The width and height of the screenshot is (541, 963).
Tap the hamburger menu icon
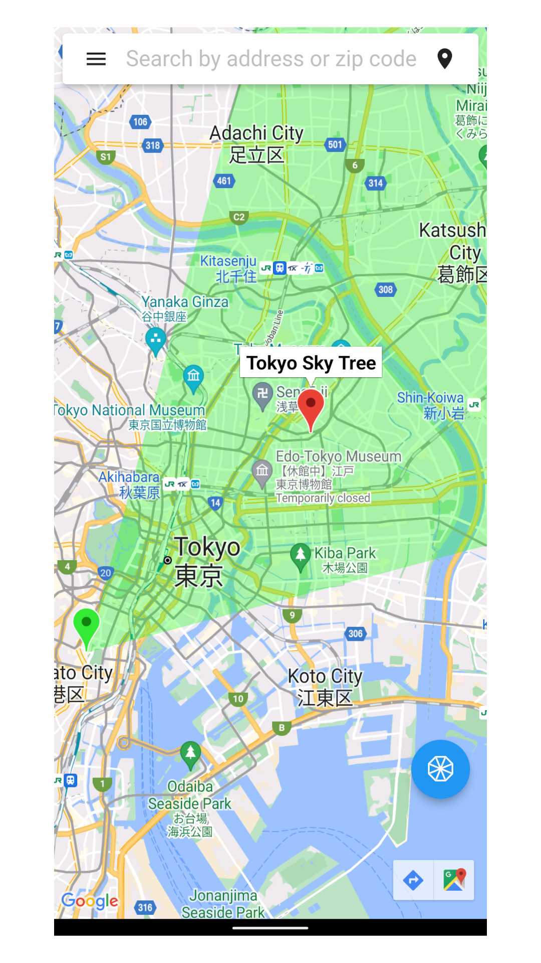coord(96,59)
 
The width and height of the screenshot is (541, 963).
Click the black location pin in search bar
coord(444,59)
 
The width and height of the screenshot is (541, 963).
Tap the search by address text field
coord(270,59)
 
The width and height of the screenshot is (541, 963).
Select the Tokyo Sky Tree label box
coord(311,362)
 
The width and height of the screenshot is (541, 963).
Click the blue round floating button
coord(440,769)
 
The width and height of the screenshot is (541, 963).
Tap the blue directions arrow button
coord(413,880)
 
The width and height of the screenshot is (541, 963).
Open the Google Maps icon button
coord(454,880)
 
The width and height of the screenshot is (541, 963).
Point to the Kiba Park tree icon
coord(301,556)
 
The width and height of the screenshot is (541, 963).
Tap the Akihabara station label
coord(129,485)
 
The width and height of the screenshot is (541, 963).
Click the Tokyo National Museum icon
coord(193,377)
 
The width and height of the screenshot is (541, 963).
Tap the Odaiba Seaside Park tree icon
coord(190,754)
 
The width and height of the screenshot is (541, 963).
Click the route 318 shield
coord(152,145)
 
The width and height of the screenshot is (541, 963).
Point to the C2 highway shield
coord(239,217)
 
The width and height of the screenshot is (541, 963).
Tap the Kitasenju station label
coord(228,268)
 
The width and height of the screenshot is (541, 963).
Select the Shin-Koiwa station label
coord(431,405)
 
